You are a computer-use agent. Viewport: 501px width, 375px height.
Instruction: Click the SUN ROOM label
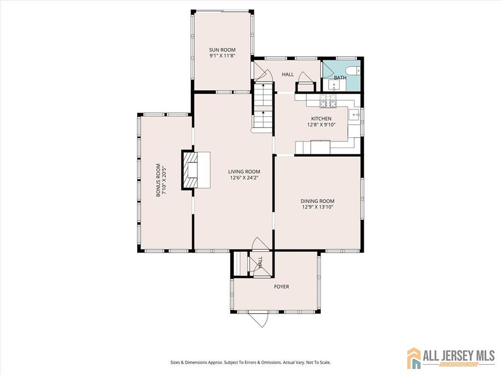click(223, 50)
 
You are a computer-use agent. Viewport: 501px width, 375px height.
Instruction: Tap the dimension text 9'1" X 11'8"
click(223, 56)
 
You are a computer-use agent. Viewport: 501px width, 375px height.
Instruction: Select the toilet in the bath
click(353, 70)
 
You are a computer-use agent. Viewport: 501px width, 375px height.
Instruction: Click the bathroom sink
click(334, 85)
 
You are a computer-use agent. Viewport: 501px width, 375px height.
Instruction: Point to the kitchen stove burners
click(328, 101)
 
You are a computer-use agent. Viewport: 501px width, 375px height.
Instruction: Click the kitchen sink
click(354, 114)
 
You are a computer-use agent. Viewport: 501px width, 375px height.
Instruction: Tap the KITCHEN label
click(321, 119)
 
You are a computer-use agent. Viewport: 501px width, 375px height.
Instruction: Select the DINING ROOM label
click(318, 201)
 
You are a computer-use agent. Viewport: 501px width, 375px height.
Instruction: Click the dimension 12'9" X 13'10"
click(318, 207)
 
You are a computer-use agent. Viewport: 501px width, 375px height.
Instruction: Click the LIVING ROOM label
click(244, 171)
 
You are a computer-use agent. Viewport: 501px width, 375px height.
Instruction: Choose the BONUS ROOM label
click(158, 180)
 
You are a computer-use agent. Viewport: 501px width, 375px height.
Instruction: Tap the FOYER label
click(281, 287)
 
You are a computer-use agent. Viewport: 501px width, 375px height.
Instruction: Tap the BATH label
click(340, 78)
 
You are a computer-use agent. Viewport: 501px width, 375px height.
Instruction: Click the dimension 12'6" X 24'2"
click(244, 178)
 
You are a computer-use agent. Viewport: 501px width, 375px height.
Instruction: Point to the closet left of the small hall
click(239, 263)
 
